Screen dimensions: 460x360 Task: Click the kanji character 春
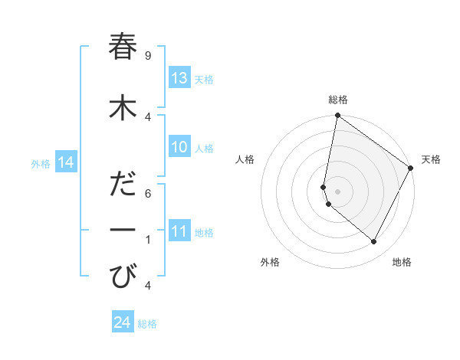click(123, 47)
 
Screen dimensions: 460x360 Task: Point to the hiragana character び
click(123, 275)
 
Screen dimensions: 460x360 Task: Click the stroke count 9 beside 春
click(147, 56)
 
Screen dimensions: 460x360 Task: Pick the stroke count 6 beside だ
click(147, 194)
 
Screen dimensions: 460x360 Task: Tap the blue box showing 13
click(179, 78)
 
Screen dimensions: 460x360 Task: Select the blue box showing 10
click(179, 147)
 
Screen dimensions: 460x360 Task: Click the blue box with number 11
click(179, 232)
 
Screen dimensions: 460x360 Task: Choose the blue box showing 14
click(66, 162)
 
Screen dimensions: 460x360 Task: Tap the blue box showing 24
click(123, 323)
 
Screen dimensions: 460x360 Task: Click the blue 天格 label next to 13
click(204, 79)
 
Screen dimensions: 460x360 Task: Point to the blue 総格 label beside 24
click(147, 324)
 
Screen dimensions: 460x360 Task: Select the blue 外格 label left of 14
click(41, 163)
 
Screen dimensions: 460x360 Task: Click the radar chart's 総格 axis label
click(338, 100)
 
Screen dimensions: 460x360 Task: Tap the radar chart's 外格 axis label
click(270, 262)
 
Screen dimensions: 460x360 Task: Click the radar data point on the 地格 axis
click(374, 241)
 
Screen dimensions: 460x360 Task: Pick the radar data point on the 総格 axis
click(337, 116)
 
